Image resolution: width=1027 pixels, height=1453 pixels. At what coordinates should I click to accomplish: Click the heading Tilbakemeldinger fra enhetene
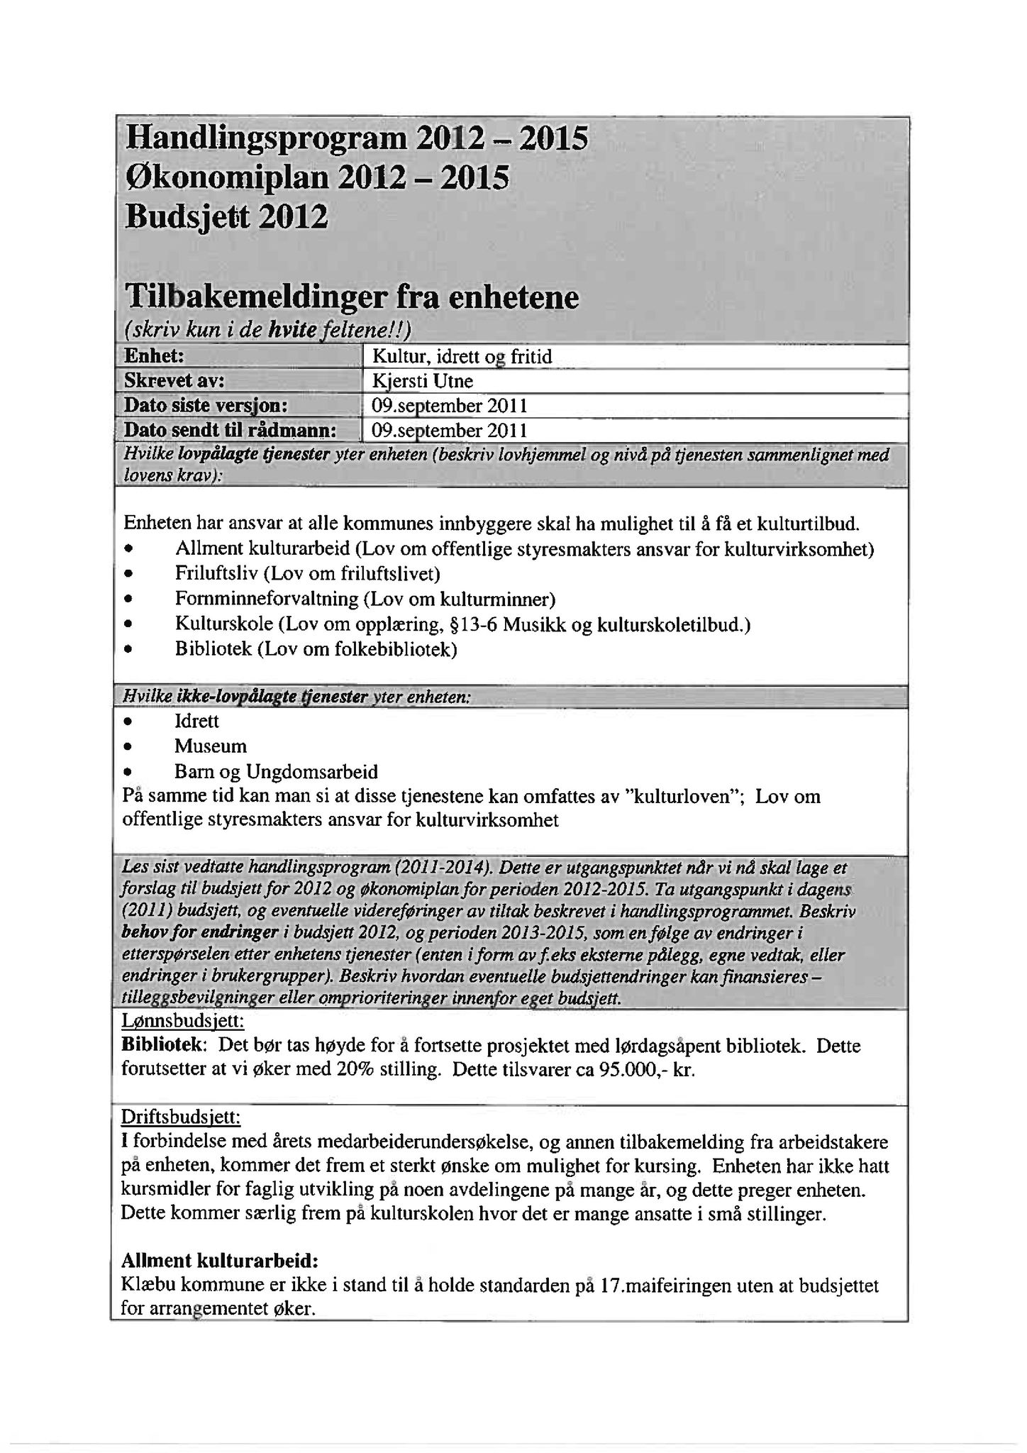click(351, 297)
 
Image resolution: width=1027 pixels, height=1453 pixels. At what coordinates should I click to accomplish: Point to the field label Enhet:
click(154, 356)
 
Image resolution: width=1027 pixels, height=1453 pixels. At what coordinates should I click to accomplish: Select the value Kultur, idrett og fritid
click(462, 356)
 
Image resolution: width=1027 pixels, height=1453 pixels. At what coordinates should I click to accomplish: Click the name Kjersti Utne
click(422, 381)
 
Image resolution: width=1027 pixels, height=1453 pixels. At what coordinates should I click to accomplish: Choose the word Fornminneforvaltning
click(267, 599)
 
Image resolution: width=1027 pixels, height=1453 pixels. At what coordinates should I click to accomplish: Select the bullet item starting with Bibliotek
click(316, 649)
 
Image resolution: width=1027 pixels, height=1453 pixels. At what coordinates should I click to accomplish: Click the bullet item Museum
click(211, 746)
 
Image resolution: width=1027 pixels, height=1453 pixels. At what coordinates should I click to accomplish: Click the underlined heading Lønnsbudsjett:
click(183, 1021)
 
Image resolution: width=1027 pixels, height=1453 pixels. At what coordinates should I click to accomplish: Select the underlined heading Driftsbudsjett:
click(181, 1118)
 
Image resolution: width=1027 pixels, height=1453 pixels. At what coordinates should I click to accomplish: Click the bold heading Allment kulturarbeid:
click(220, 1261)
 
